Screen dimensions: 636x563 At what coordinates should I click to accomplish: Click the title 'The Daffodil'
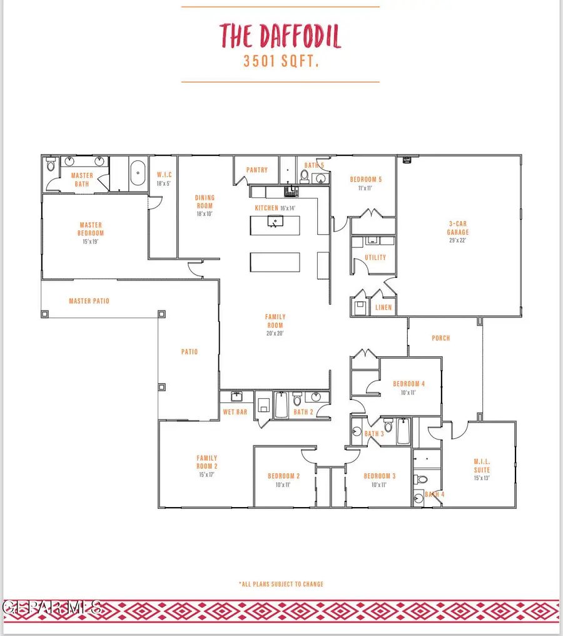click(x=280, y=36)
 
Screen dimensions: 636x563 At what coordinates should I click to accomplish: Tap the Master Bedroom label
click(x=91, y=229)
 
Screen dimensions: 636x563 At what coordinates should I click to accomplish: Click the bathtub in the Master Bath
click(x=137, y=173)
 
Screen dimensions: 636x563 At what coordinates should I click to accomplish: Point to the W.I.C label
click(x=165, y=175)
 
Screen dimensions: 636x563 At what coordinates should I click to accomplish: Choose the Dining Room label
click(x=205, y=202)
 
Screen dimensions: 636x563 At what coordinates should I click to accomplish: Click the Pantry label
click(x=257, y=170)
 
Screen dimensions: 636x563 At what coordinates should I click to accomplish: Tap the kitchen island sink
click(x=275, y=220)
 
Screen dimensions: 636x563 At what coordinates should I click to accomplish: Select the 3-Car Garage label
click(x=457, y=227)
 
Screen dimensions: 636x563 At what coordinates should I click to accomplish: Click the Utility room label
click(x=375, y=257)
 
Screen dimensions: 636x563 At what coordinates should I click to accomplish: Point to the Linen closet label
click(x=383, y=307)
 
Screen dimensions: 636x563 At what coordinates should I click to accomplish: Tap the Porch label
click(x=441, y=338)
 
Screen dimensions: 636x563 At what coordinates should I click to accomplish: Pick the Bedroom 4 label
click(x=409, y=384)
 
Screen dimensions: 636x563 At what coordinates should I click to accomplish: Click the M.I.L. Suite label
click(x=482, y=465)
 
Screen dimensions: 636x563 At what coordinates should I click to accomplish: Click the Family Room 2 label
click(x=207, y=462)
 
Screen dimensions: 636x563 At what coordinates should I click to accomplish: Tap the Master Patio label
click(x=89, y=301)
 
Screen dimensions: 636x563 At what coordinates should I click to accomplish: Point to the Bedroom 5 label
click(x=365, y=180)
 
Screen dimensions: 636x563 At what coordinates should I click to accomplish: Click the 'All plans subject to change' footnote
click(x=281, y=584)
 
